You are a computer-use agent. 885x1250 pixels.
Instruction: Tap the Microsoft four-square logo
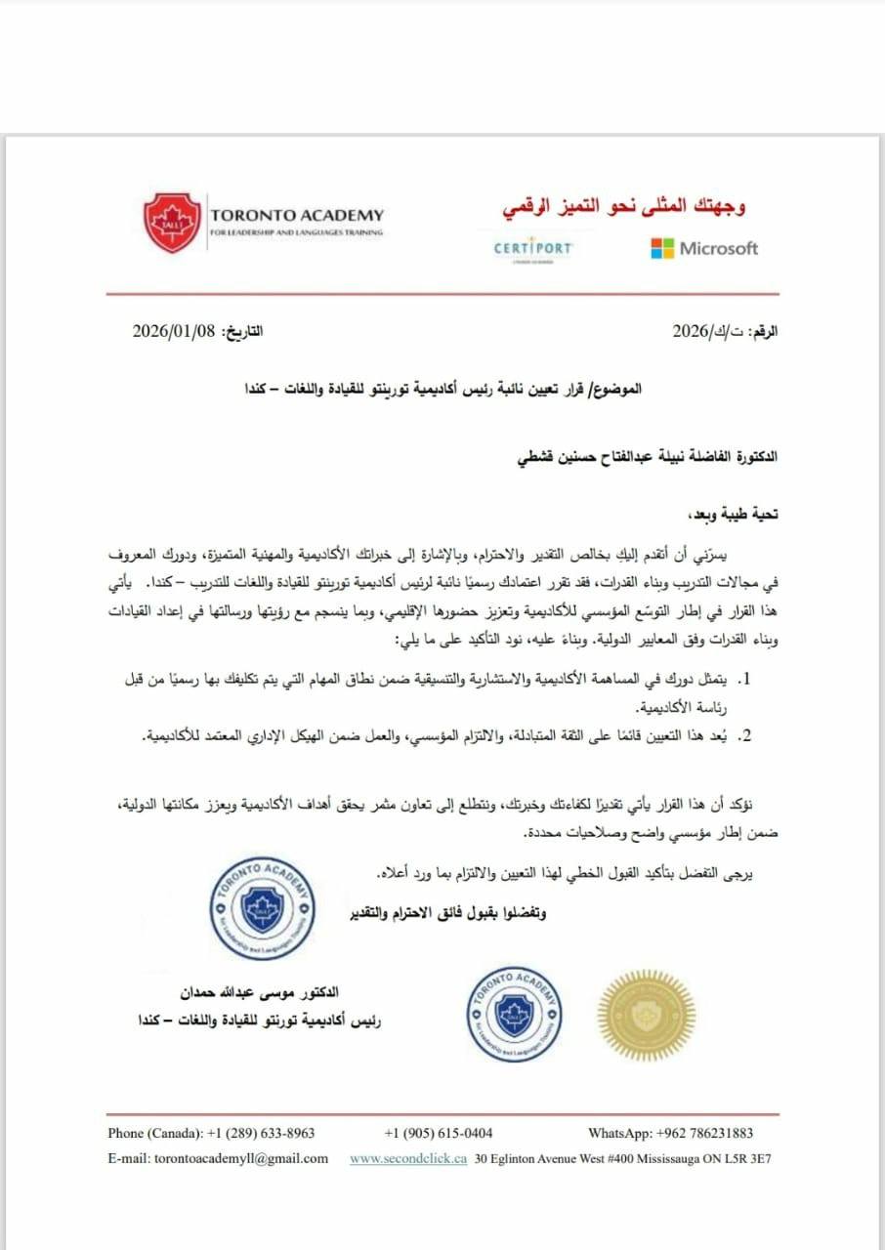pos(662,248)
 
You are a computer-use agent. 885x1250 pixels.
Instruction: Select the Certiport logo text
pos(532,248)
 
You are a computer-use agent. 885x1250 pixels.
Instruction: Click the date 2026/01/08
pos(172,330)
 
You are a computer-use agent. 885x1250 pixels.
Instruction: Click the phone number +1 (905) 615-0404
pos(439,1133)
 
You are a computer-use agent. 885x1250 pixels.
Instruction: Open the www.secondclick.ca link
pos(408,1159)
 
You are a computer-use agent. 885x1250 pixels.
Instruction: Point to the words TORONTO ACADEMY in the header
pos(297,215)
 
